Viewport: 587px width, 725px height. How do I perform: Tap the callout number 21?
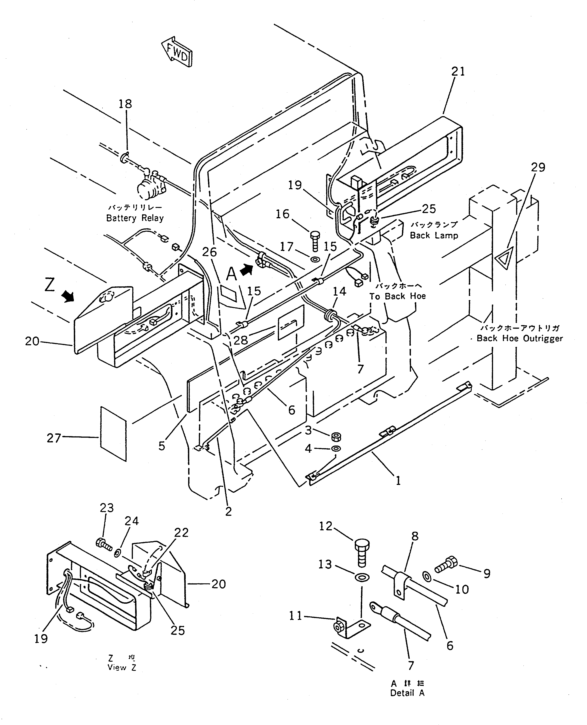(458, 72)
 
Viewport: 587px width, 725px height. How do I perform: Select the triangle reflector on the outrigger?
(505, 259)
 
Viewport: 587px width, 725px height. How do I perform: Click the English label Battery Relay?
(135, 218)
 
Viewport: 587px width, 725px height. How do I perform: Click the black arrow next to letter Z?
(69, 297)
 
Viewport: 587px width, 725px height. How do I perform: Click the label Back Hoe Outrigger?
(519, 339)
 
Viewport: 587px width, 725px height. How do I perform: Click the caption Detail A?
(407, 693)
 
